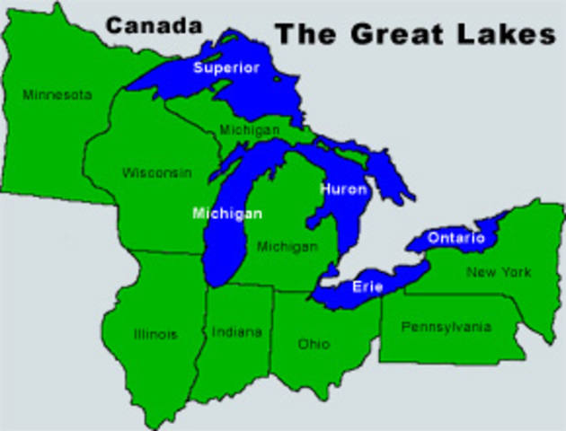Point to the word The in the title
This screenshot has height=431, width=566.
304,34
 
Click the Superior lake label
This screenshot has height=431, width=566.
226,68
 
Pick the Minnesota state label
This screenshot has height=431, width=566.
57,94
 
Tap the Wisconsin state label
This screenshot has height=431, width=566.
157,172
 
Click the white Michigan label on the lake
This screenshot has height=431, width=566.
227,214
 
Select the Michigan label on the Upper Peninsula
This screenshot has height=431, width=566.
250,130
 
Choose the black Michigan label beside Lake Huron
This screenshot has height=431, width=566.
287,246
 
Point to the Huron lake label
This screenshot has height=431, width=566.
343,189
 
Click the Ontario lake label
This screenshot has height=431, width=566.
455,238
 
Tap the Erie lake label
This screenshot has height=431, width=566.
363,287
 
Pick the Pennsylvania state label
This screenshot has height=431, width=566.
447,327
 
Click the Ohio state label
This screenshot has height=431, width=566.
314,344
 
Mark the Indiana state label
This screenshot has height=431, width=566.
237,332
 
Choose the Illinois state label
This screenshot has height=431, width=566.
155,334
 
